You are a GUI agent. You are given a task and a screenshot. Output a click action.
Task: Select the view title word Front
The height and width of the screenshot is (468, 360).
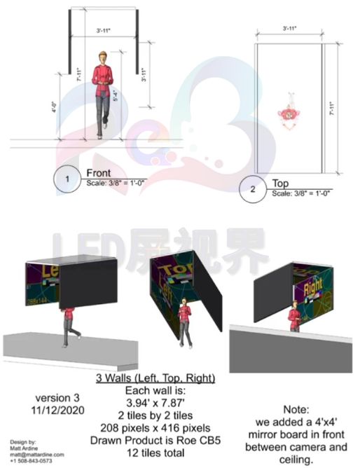click(99, 172)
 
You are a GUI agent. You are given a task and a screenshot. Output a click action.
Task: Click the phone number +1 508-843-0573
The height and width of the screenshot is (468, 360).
click(31, 460)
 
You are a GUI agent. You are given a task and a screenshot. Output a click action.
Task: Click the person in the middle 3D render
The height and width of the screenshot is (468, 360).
click(185, 320)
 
